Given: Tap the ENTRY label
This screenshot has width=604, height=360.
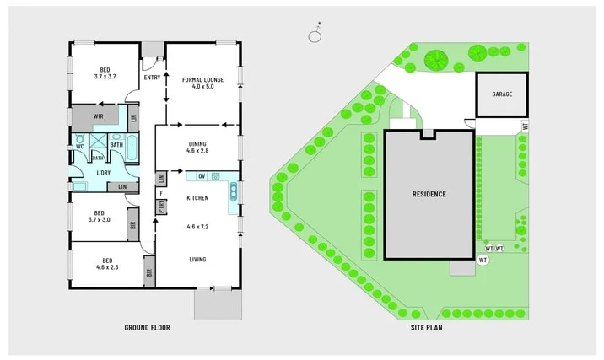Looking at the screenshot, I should [153, 78].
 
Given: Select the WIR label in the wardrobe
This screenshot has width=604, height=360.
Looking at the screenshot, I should [98, 116].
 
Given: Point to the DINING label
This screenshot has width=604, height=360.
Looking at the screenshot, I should [197, 144].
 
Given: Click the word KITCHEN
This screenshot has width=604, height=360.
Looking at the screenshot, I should [197, 197].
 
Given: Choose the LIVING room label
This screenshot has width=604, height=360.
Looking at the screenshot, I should [197, 260].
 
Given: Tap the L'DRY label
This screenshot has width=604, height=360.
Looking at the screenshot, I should [103, 173].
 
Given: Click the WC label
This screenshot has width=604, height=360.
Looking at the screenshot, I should [81, 146].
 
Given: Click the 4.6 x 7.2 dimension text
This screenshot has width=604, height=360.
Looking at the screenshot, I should [197, 228].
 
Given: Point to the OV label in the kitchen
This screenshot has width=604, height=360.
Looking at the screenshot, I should [202, 176].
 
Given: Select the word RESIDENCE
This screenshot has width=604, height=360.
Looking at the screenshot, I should [429, 195].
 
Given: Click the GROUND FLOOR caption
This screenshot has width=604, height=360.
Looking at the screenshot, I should [147, 327].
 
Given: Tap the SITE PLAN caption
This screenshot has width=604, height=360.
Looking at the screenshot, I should [427, 327].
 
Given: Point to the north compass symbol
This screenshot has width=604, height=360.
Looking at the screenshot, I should [315, 35].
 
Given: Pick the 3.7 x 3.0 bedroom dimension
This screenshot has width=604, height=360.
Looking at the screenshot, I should [100, 220].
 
